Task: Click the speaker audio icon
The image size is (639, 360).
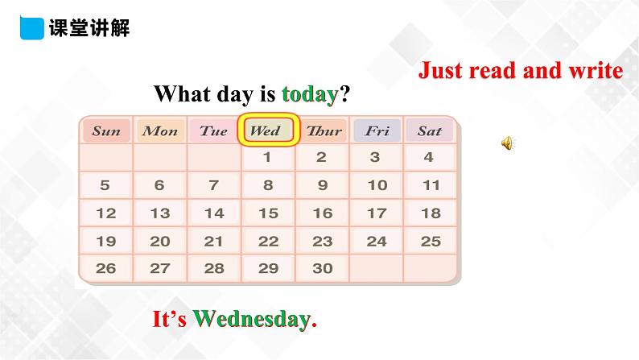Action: pyautogui.click(x=508, y=143)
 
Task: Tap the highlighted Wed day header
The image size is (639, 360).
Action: pyautogui.click(x=268, y=130)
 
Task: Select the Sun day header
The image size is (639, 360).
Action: pyautogui.click(x=106, y=130)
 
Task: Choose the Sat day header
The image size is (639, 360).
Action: pyautogui.click(x=430, y=130)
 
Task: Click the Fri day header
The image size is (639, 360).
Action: pyautogui.click(x=377, y=130)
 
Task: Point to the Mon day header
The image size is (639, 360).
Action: pyautogui.click(x=160, y=130)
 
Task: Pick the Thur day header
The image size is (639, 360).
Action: pyautogui.click(x=324, y=130)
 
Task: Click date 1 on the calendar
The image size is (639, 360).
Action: pyautogui.click(x=268, y=158)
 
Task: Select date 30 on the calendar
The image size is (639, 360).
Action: pyautogui.click(x=322, y=269)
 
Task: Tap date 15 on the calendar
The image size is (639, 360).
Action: pyautogui.click(x=268, y=213)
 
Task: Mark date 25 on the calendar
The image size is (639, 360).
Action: pyautogui.click(x=431, y=241)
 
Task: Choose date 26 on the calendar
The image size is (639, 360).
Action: pyautogui.click(x=106, y=269)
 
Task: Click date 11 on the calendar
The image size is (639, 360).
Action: pyautogui.click(x=431, y=185)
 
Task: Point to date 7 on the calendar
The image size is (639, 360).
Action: pyautogui.click(x=213, y=185)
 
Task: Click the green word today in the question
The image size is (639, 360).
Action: pyautogui.click(x=310, y=94)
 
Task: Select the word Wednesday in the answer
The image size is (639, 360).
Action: pyautogui.click(x=251, y=320)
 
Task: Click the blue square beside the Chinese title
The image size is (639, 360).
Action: pyautogui.click(x=31, y=28)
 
